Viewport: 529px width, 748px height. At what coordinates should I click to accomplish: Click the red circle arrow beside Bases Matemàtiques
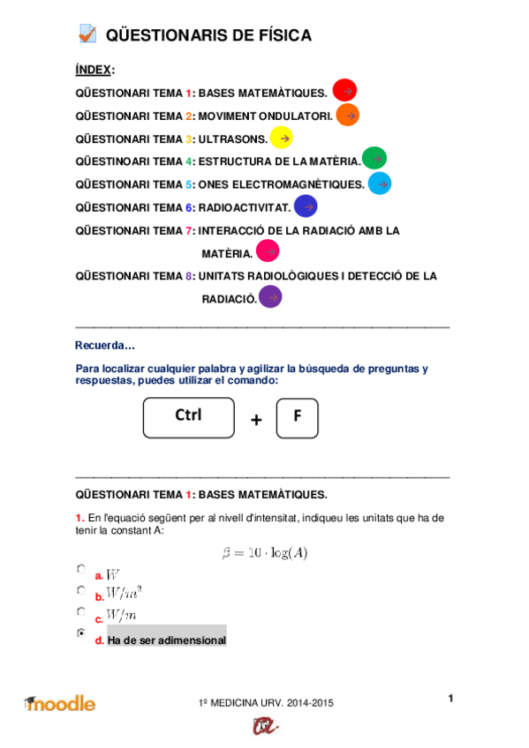[x=344, y=90]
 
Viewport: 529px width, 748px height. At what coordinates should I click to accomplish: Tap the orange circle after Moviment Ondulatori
[x=347, y=115]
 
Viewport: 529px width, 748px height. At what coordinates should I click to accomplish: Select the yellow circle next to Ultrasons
[x=281, y=138]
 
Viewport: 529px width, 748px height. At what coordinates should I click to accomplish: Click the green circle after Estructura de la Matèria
[x=374, y=159]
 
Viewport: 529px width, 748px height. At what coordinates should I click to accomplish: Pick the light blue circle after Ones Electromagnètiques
[x=380, y=183]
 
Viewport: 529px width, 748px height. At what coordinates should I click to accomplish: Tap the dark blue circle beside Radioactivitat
[x=305, y=206]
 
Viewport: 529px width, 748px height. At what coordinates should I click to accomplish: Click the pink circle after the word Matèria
[x=267, y=251]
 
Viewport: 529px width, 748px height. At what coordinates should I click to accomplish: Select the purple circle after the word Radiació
[x=270, y=297]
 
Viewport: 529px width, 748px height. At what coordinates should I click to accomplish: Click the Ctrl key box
[x=189, y=417]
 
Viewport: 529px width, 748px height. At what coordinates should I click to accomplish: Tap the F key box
[x=297, y=418]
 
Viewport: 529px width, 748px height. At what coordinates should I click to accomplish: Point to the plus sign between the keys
[x=256, y=421]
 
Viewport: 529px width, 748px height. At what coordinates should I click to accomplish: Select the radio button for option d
[x=81, y=633]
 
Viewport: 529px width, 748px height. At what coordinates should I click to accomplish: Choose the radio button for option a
[x=81, y=569]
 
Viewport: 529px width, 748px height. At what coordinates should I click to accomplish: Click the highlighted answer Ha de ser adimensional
[x=166, y=640]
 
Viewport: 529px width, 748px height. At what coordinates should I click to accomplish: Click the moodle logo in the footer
[x=60, y=703]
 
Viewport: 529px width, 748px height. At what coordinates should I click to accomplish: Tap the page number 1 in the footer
[x=450, y=699]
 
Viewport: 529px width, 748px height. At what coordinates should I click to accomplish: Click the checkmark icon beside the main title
[x=87, y=34]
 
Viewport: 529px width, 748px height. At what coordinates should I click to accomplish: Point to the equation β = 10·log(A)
[x=264, y=553]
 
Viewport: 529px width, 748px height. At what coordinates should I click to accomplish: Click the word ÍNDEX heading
[x=94, y=70]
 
